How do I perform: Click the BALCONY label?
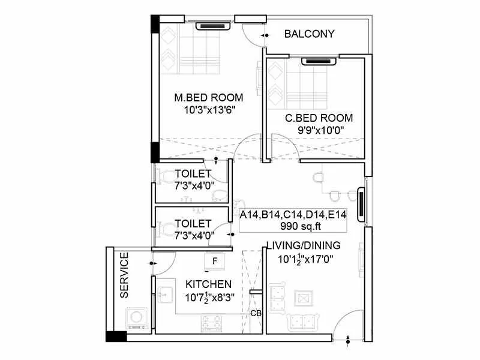click(309, 34)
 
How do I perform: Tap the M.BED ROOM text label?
click(208, 97)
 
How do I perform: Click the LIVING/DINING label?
click(303, 245)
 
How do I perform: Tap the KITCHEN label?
click(208, 284)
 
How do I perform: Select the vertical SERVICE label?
click(124, 275)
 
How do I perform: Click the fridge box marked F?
click(214, 261)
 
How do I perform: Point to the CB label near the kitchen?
click(255, 314)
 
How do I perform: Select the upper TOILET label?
click(192, 174)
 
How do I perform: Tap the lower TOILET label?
click(192, 224)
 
